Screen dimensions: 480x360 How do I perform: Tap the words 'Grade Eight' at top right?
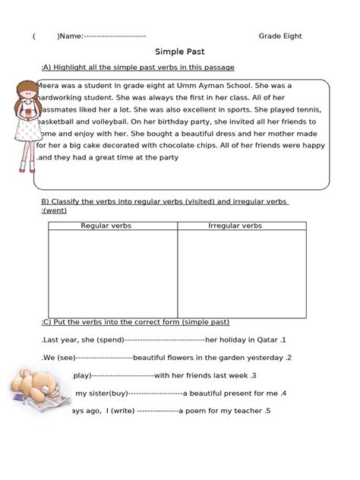(x=279, y=36)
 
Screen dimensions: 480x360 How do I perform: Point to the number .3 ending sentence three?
(x=252, y=375)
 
